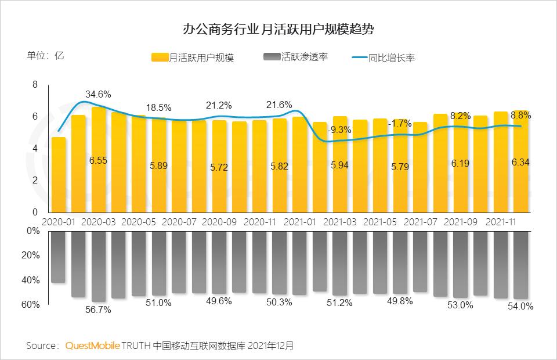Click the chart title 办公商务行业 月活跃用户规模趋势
coord(278,28)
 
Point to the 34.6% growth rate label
coord(98,93)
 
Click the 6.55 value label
coord(98,160)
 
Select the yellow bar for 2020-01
coord(58,175)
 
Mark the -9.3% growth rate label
coord(339,129)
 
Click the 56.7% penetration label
coord(98,309)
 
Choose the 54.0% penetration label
coord(520,306)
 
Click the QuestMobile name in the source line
coord(92,345)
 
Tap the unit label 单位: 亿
coord(45,56)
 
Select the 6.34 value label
coord(520,161)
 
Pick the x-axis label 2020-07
coord(179,222)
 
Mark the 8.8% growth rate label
coord(520,115)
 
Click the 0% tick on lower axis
coord(34,231)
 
